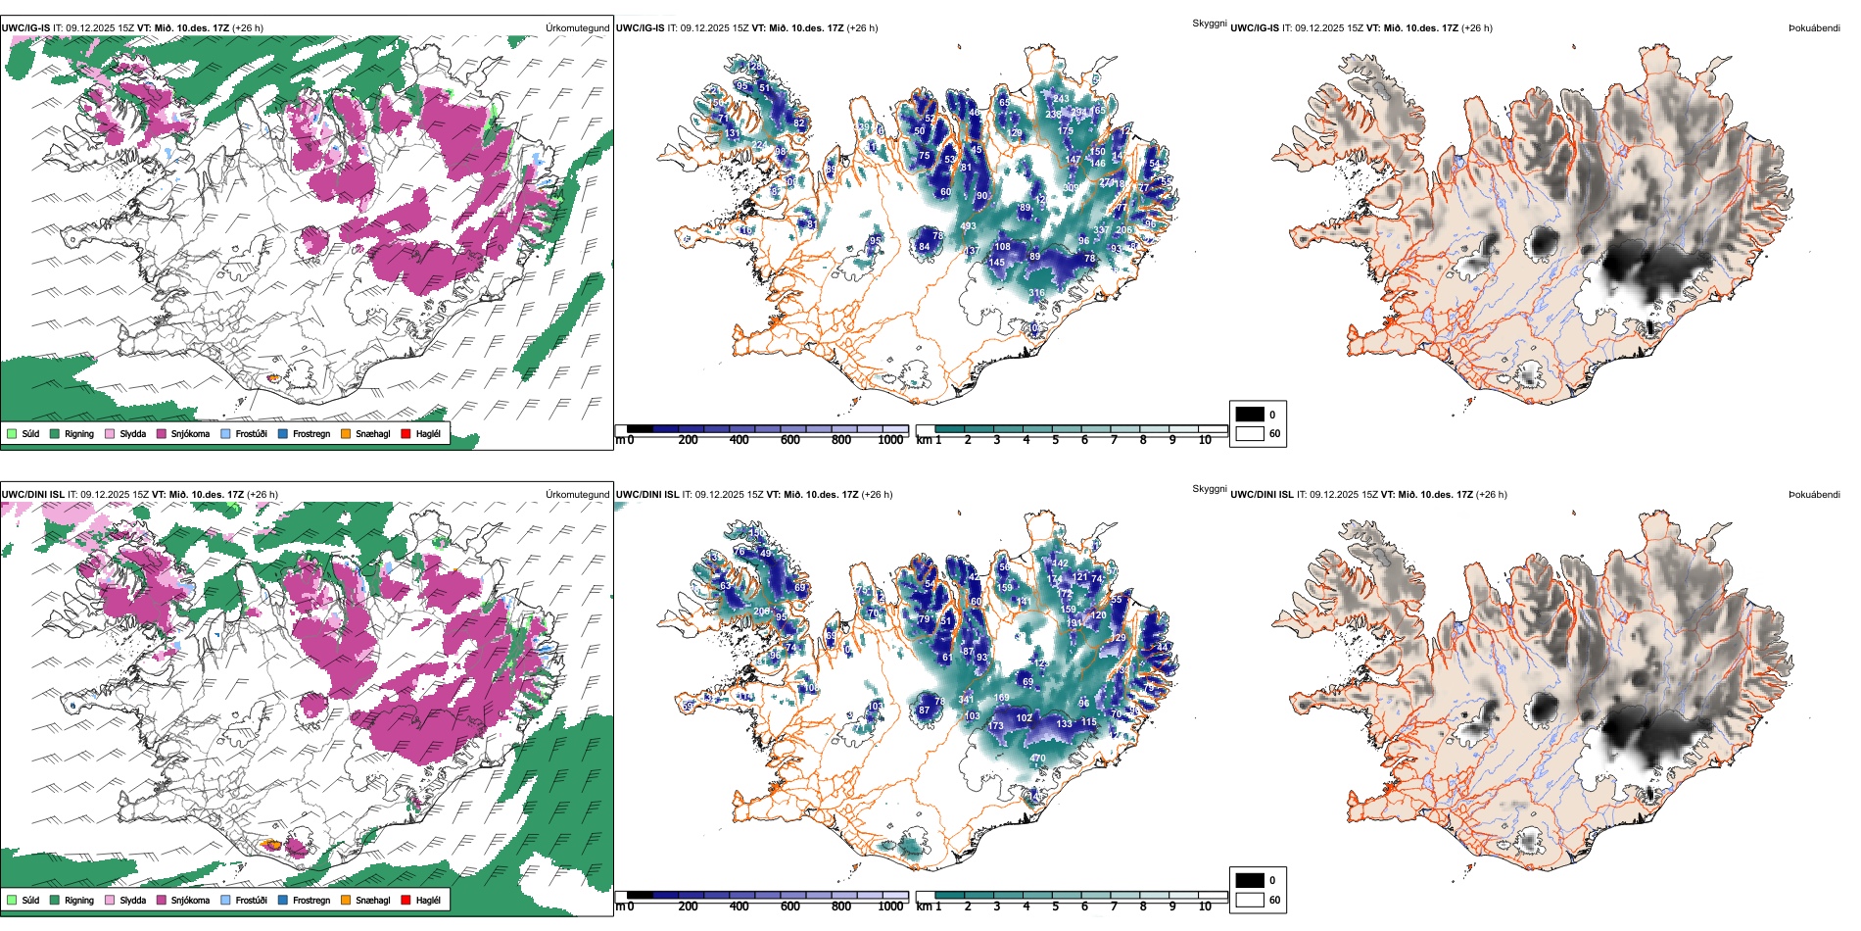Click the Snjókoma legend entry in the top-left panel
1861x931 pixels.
[x=190, y=433]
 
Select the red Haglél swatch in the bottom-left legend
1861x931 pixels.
[x=406, y=900]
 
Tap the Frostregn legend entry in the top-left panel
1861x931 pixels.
[x=311, y=433]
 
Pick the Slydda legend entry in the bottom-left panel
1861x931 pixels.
[x=132, y=900]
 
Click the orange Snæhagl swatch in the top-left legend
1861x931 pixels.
[x=346, y=433]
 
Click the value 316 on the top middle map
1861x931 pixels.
[x=1036, y=293]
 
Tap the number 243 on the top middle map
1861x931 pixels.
[x=1061, y=99]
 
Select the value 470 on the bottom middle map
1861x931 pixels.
[x=1037, y=758]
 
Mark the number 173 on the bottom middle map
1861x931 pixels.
[x=996, y=726]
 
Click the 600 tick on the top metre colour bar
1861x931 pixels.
[x=789, y=440]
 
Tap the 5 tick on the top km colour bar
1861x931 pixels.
[x=1055, y=440]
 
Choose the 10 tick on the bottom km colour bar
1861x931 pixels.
[x=1205, y=906]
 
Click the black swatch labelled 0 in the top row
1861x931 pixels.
[x=1250, y=415]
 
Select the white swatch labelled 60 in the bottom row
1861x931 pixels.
[x=1250, y=900]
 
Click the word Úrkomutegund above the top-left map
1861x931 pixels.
[x=577, y=28]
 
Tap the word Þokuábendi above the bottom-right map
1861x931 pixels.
[x=1814, y=495]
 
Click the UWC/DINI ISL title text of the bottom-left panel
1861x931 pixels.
[x=32, y=495]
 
